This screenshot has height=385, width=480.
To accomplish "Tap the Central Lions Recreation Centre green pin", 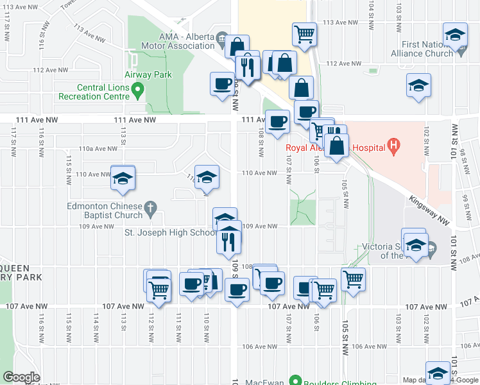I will click(x=137, y=96).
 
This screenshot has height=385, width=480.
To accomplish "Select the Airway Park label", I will click(x=148, y=74).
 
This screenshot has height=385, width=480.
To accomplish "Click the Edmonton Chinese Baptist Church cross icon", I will click(x=150, y=207).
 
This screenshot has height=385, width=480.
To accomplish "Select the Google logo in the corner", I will click(x=21, y=377).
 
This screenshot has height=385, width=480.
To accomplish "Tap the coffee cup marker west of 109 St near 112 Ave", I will click(x=223, y=85).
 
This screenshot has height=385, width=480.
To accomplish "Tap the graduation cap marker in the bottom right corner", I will click(x=439, y=373).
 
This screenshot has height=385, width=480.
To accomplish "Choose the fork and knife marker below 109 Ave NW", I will click(x=228, y=241).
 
